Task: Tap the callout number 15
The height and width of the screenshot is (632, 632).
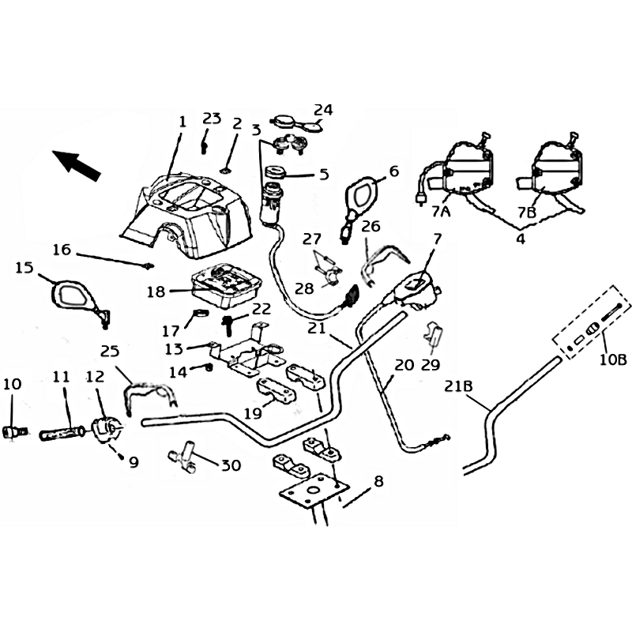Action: (x=24, y=268)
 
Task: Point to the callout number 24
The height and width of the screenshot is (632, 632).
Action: (x=324, y=109)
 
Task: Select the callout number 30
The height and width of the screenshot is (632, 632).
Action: (x=231, y=465)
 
